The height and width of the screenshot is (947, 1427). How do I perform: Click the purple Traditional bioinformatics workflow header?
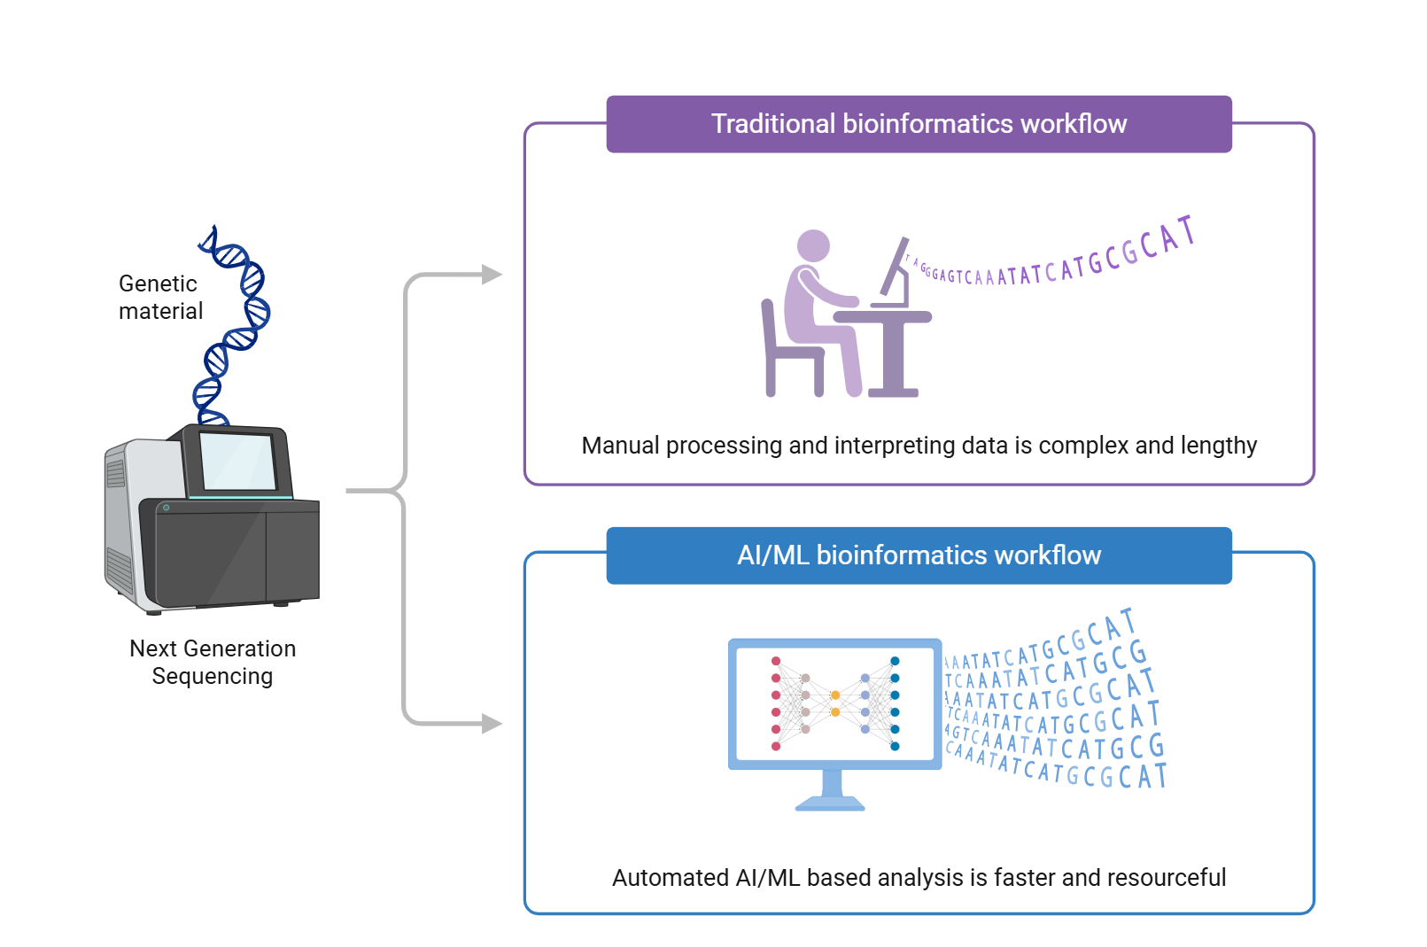[919, 124]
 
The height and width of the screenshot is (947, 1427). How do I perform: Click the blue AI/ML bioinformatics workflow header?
[919, 555]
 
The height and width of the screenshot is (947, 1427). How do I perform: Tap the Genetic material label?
[160, 298]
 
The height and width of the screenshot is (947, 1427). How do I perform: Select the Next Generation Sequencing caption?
[213, 662]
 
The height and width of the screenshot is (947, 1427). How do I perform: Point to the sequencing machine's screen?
[237, 461]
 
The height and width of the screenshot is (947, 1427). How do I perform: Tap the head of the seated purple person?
[813, 245]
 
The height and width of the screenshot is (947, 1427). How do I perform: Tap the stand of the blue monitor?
[831, 791]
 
